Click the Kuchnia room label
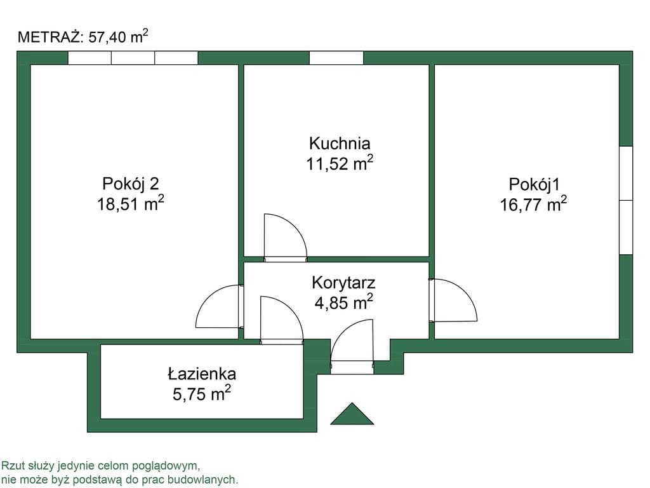click(339, 144)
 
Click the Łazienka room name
click(202, 374)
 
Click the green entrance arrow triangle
click(352, 414)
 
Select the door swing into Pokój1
click(454, 300)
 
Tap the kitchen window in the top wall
click(336, 58)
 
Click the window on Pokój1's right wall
click(626, 200)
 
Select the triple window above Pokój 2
click(133, 58)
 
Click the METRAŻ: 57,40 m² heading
click(83, 37)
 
